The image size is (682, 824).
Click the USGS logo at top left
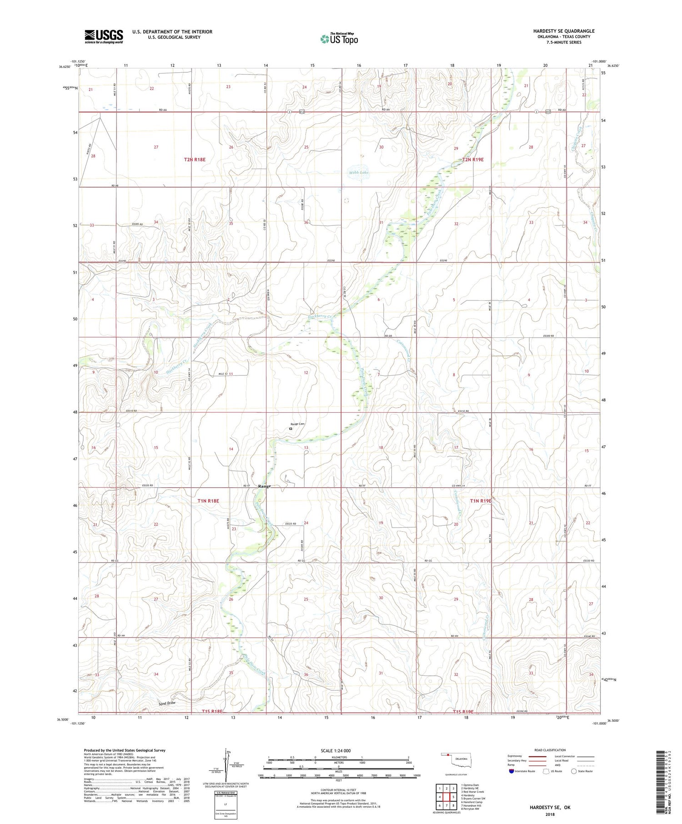point(104,36)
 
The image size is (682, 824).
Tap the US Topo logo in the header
point(339,39)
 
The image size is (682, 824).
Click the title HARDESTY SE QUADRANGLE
point(564,31)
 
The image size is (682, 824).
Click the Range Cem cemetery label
point(297,424)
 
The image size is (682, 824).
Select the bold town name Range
point(265,486)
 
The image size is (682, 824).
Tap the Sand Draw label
point(167,703)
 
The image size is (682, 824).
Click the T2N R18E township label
point(195,160)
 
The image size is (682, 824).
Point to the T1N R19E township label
point(481,501)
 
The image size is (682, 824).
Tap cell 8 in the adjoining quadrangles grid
point(453,805)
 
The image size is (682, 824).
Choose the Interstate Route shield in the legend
point(512,771)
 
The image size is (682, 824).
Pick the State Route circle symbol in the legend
point(574,771)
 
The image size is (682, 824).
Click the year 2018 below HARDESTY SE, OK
point(550,814)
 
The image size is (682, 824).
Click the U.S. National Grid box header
point(226,793)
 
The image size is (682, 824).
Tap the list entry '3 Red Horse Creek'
point(473,792)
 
